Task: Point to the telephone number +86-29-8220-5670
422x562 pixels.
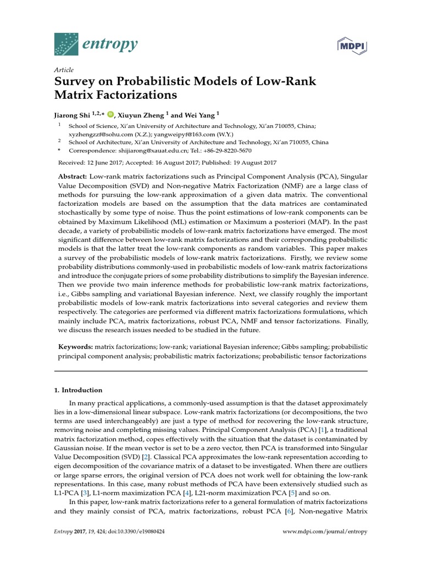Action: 226,150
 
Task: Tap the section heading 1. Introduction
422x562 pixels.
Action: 78,390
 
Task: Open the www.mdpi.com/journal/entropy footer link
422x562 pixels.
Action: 325,532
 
